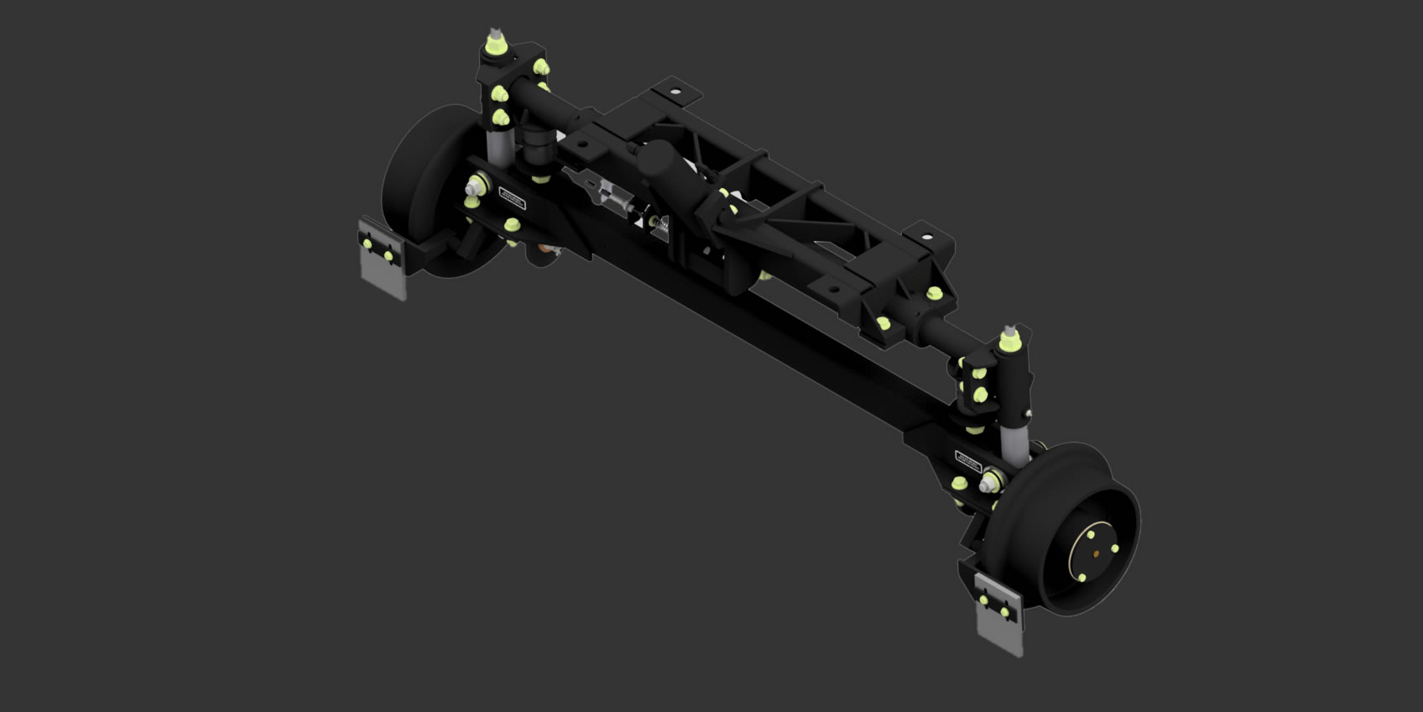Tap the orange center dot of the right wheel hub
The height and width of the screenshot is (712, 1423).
[1097, 553]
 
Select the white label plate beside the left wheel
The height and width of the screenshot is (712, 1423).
[511, 198]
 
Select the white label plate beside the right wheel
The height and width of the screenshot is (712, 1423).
[968, 459]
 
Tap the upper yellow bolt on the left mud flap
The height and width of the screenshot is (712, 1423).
[367, 243]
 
